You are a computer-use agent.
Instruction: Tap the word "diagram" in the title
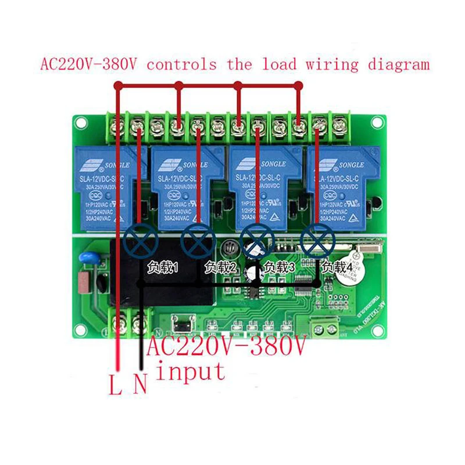[399, 64]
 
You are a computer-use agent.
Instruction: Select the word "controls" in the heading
[181, 64]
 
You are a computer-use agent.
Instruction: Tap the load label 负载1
[162, 268]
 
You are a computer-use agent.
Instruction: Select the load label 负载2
[220, 268]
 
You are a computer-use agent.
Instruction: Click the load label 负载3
[280, 268]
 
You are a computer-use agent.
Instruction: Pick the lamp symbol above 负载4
[316, 238]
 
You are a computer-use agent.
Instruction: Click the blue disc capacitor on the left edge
[89, 258]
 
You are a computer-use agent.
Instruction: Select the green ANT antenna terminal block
[325, 328]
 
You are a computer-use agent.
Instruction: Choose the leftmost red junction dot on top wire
[119, 85]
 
